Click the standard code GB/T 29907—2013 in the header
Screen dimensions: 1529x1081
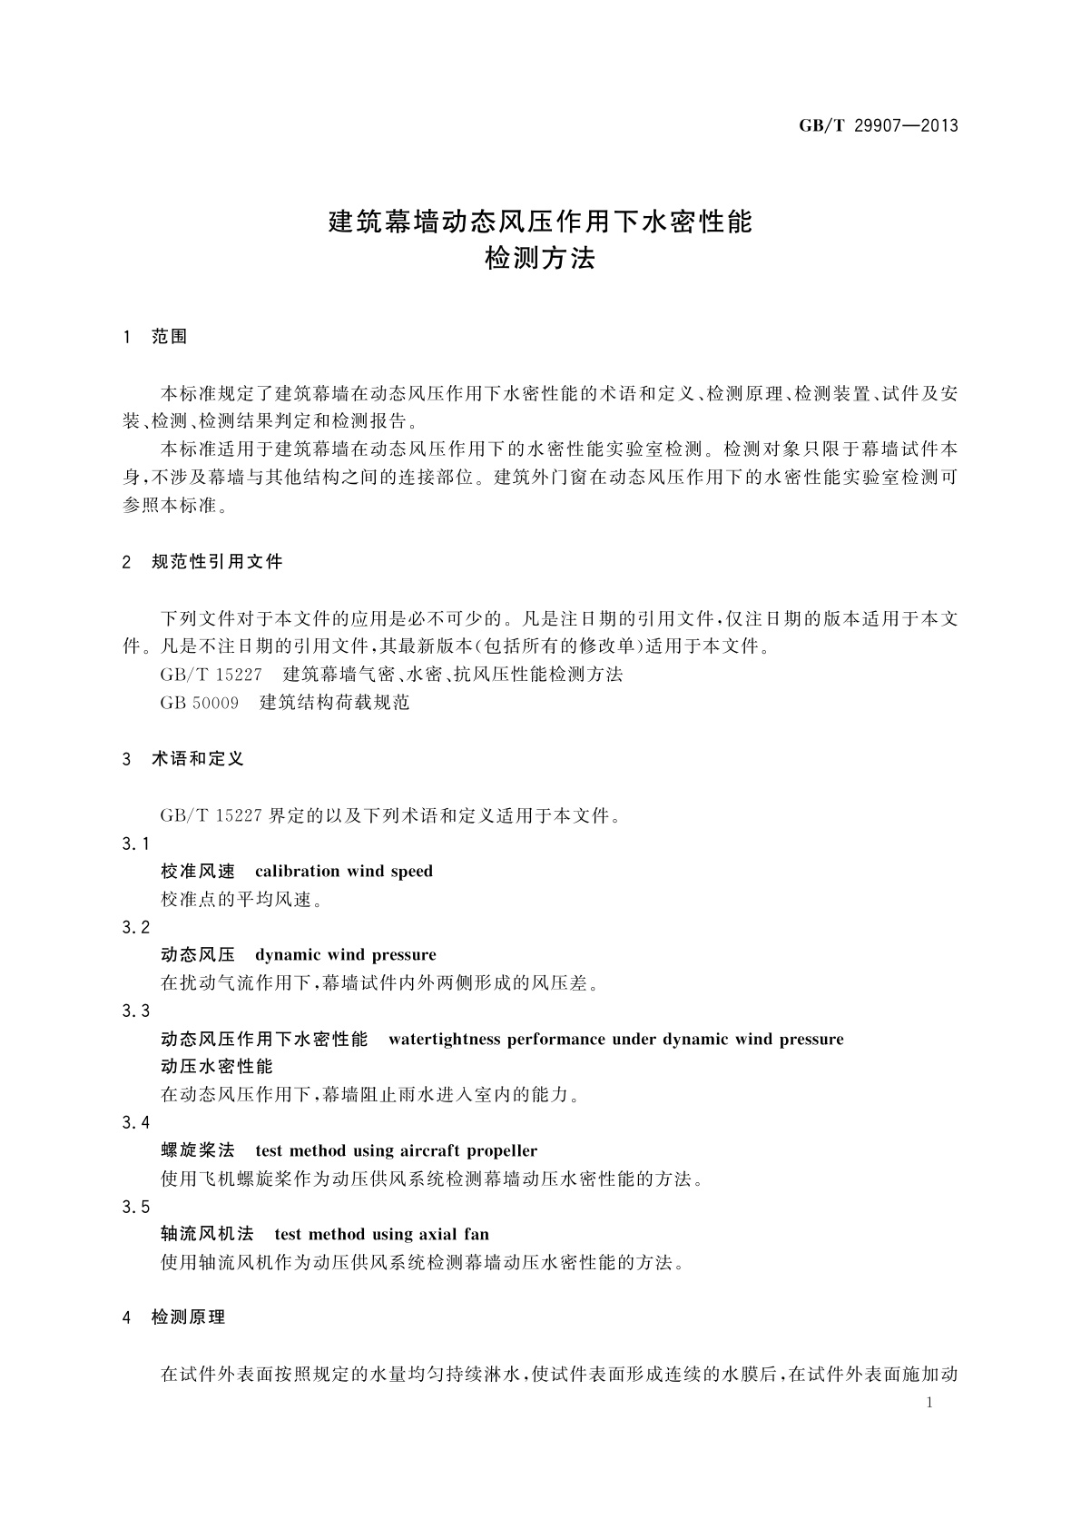point(878,126)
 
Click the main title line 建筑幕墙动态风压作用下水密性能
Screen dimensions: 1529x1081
point(540,221)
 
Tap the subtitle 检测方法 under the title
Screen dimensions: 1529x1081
point(540,259)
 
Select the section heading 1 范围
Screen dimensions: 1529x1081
point(155,337)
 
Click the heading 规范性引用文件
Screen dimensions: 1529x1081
point(217,562)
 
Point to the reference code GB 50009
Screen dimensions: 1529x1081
point(199,703)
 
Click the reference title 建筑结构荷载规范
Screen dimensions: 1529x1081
point(334,703)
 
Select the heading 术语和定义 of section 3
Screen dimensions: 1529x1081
point(198,759)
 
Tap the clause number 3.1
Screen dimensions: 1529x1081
point(136,843)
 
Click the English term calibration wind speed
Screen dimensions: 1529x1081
point(344,872)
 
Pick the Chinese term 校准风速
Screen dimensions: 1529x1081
point(198,872)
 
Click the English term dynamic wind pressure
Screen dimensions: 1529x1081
point(346,955)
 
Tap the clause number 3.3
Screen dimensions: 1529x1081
point(136,1011)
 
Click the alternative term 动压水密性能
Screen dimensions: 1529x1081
point(216,1067)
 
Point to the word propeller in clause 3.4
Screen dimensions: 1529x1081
point(502,1151)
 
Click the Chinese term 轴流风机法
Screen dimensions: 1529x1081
point(207,1235)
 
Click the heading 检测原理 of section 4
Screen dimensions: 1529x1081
point(188,1317)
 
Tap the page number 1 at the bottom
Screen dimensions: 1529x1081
point(929,1403)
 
